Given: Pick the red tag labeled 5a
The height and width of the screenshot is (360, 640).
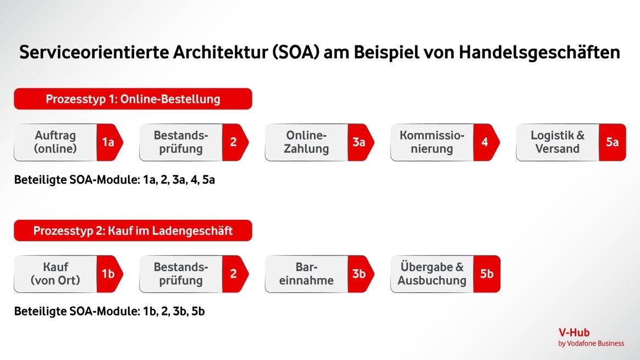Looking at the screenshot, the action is (x=613, y=142).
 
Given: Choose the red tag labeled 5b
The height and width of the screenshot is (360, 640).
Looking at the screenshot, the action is (x=487, y=274).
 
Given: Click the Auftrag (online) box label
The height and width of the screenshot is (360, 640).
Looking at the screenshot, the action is (x=56, y=142).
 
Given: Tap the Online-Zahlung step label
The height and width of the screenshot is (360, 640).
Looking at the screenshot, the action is (x=307, y=142).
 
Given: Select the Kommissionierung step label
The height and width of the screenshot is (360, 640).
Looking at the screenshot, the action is (x=432, y=142).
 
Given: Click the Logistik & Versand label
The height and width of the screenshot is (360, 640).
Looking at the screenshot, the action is (x=558, y=142).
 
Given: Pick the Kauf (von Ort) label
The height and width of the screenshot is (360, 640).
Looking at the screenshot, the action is (x=56, y=274).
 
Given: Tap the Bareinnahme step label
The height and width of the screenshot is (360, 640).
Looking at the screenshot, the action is (x=307, y=274).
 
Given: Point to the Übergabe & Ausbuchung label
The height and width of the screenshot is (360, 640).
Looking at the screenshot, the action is (x=432, y=274).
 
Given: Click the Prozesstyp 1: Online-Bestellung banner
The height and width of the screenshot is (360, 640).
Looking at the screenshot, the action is (x=133, y=99).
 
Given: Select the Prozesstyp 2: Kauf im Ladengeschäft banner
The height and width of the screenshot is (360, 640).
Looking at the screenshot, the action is (x=133, y=231).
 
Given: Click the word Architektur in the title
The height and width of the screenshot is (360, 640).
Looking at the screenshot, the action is (x=220, y=52).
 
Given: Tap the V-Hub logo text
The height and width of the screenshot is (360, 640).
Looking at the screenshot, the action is (x=574, y=333).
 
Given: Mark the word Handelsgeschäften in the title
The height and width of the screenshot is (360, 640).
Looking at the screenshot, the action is (x=539, y=53).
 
